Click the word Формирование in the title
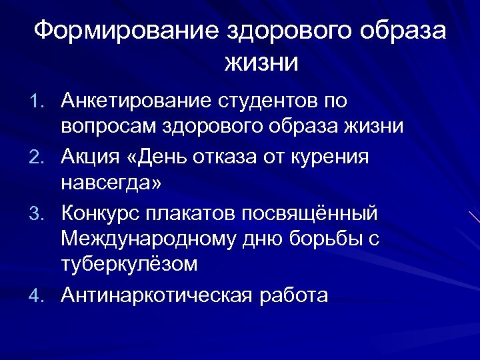click(x=125, y=31)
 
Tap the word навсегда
click(x=109, y=182)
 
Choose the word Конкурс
click(x=100, y=213)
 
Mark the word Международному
click(x=146, y=239)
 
